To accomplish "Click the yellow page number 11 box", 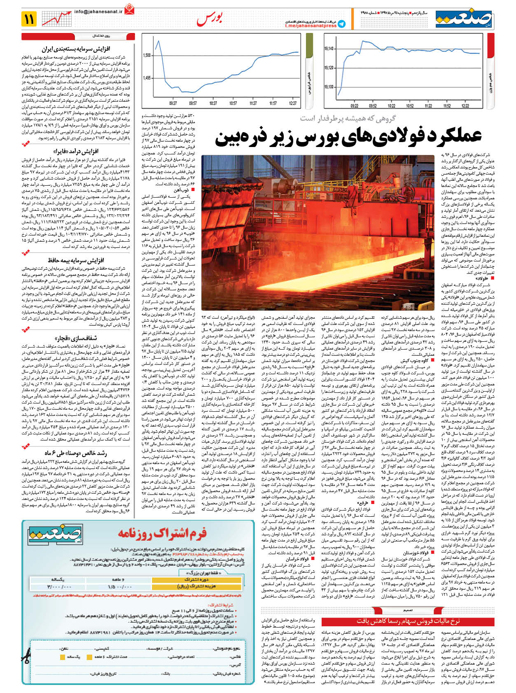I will point(30,19).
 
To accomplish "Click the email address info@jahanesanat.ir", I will point(98,12).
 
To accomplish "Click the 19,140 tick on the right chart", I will point(328,49).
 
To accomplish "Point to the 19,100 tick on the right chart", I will point(328,87).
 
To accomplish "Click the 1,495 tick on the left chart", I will point(147,78).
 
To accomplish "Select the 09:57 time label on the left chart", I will point(193,103).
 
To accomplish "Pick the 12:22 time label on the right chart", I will point(465,106).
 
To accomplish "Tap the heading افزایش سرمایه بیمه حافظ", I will point(76,260).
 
